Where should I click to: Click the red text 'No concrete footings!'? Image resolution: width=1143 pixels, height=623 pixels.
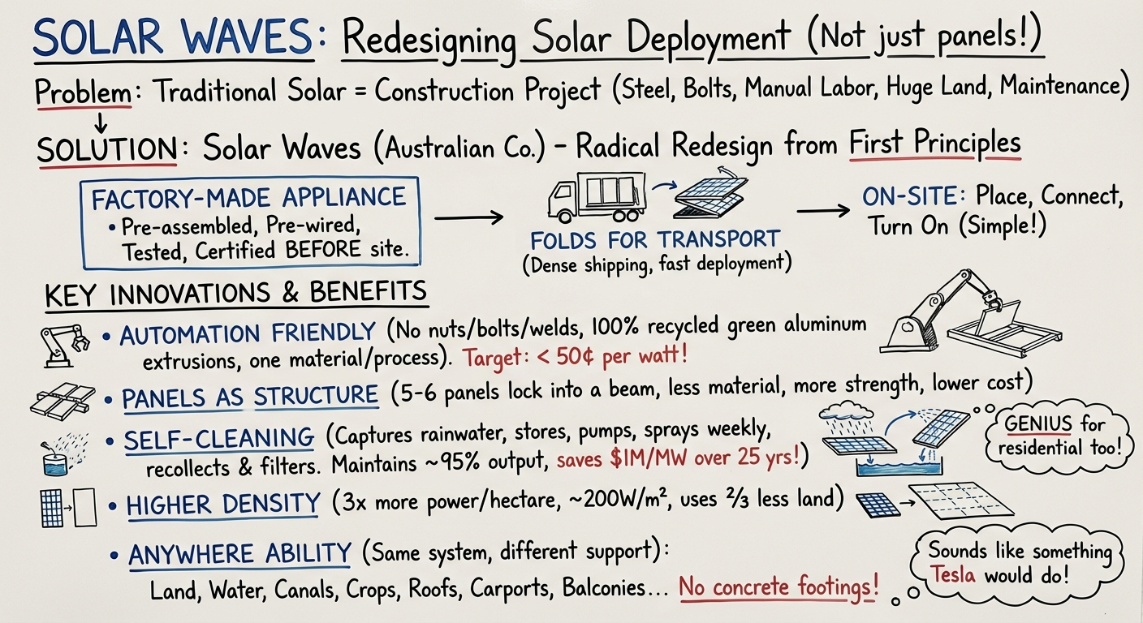coord(779,586)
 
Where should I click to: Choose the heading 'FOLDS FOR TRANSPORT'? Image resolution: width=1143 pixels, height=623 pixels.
coord(655,240)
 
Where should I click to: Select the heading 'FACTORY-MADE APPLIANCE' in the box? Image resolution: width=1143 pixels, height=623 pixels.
coord(248,198)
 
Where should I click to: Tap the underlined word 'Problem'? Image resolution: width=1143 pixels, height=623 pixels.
coord(83,92)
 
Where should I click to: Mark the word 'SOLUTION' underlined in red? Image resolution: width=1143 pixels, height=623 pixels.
coord(106,148)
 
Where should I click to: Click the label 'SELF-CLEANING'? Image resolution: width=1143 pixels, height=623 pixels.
coord(218,439)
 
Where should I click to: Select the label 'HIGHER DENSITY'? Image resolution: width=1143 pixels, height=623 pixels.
coord(222,504)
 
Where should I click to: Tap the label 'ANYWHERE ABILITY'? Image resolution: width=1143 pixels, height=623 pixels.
coord(239,555)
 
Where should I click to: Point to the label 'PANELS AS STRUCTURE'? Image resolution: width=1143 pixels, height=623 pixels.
coord(249,397)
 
